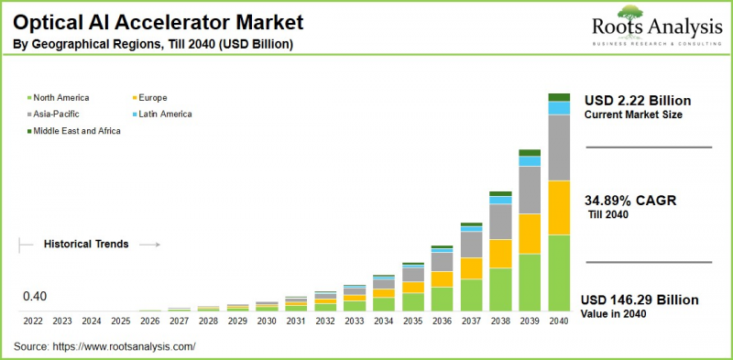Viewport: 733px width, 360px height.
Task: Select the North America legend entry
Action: pyautogui.click(x=62, y=97)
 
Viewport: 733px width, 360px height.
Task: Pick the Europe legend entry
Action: pyautogui.click(x=154, y=97)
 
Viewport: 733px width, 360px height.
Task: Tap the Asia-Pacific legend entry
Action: pyautogui.click(x=59, y=114)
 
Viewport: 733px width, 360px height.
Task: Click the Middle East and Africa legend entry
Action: pyautogui.click(x=77, y=131)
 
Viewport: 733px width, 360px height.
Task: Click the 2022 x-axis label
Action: pyautogui.click(x=33, y=322)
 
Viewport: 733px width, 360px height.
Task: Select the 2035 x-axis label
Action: pyautogui.click(x=413, y=322)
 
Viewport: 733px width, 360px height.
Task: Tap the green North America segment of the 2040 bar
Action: pyautogui.click(x=559, y=273)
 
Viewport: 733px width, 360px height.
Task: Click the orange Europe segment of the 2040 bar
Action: pyautogui.click(x=559, y=208)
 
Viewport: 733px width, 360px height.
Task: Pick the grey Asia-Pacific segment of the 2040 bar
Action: pyautogui.click(x=559, y=147)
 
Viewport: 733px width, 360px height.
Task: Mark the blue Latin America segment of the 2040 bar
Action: pyautogui.click(x=559, y=108)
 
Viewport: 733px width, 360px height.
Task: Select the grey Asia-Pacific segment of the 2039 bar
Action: pyautogui.click(x=530, y=190)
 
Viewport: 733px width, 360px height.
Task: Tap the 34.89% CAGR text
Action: pyautogui.click(x=630, y=201)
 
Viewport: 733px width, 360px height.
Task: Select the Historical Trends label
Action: pyautogui.click(x=86, y=245)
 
